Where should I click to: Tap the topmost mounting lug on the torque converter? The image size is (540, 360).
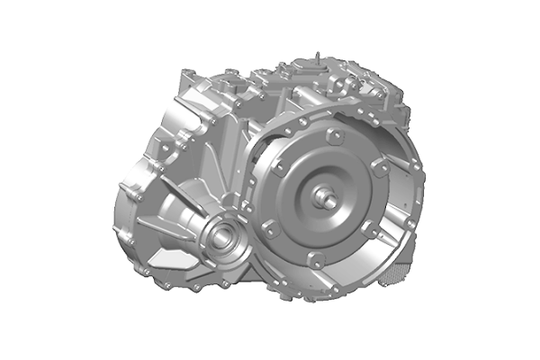(334, 136)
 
